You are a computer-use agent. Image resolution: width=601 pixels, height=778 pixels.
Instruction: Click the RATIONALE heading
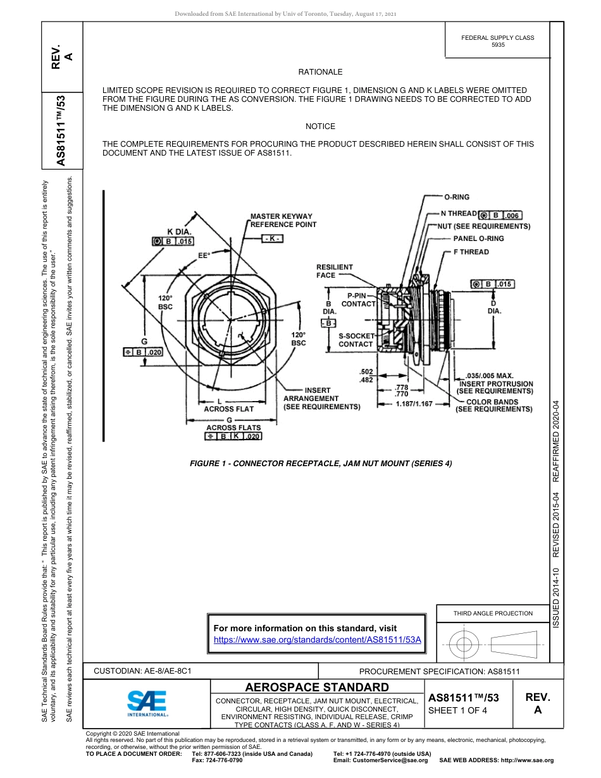point(320,73)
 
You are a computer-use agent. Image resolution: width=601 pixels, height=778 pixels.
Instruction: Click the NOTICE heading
point(320,127)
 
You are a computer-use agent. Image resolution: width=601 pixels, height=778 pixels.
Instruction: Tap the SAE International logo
point(147,703)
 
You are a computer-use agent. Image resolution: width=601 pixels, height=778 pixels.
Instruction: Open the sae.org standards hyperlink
point(318,639)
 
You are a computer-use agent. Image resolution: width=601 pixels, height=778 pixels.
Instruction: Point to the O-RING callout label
point(457,197)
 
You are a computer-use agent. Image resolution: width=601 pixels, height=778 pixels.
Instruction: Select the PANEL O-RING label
point(478,238)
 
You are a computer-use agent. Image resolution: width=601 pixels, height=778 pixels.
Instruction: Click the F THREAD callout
point(471,252)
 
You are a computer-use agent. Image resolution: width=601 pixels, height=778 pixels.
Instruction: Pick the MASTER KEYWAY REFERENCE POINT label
point(283,220)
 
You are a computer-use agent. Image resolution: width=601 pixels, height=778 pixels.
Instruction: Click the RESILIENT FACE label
point(335,271)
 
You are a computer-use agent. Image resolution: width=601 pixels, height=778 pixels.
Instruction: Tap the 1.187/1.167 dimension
point(414,403)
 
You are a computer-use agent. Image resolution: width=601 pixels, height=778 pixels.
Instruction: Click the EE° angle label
point(204,256)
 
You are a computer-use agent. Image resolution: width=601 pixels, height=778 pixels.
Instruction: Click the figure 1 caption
point(321,464)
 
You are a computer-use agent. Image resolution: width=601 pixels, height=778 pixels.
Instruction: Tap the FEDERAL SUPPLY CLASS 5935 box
point(497,41)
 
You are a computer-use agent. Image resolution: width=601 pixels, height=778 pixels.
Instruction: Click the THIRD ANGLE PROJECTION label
point(493,613)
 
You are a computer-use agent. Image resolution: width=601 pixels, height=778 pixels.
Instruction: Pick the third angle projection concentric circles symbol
point(464,645)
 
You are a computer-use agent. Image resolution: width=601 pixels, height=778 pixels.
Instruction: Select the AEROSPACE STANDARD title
point(317,688)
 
